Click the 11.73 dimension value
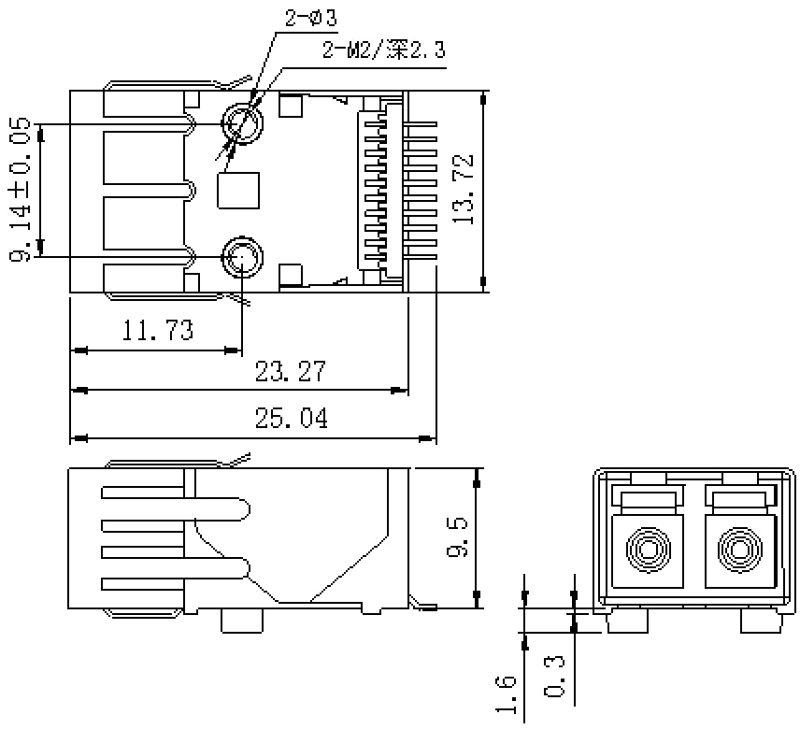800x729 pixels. click(x=157, y=330)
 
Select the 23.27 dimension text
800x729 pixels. click(x=291, y=371)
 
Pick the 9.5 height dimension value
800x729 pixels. click(x=457, y=538)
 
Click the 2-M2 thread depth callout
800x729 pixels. click(x=383, y=50)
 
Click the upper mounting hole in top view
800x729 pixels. click(x=242, y=123)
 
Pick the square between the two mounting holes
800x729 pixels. click(x=238, y=190)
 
